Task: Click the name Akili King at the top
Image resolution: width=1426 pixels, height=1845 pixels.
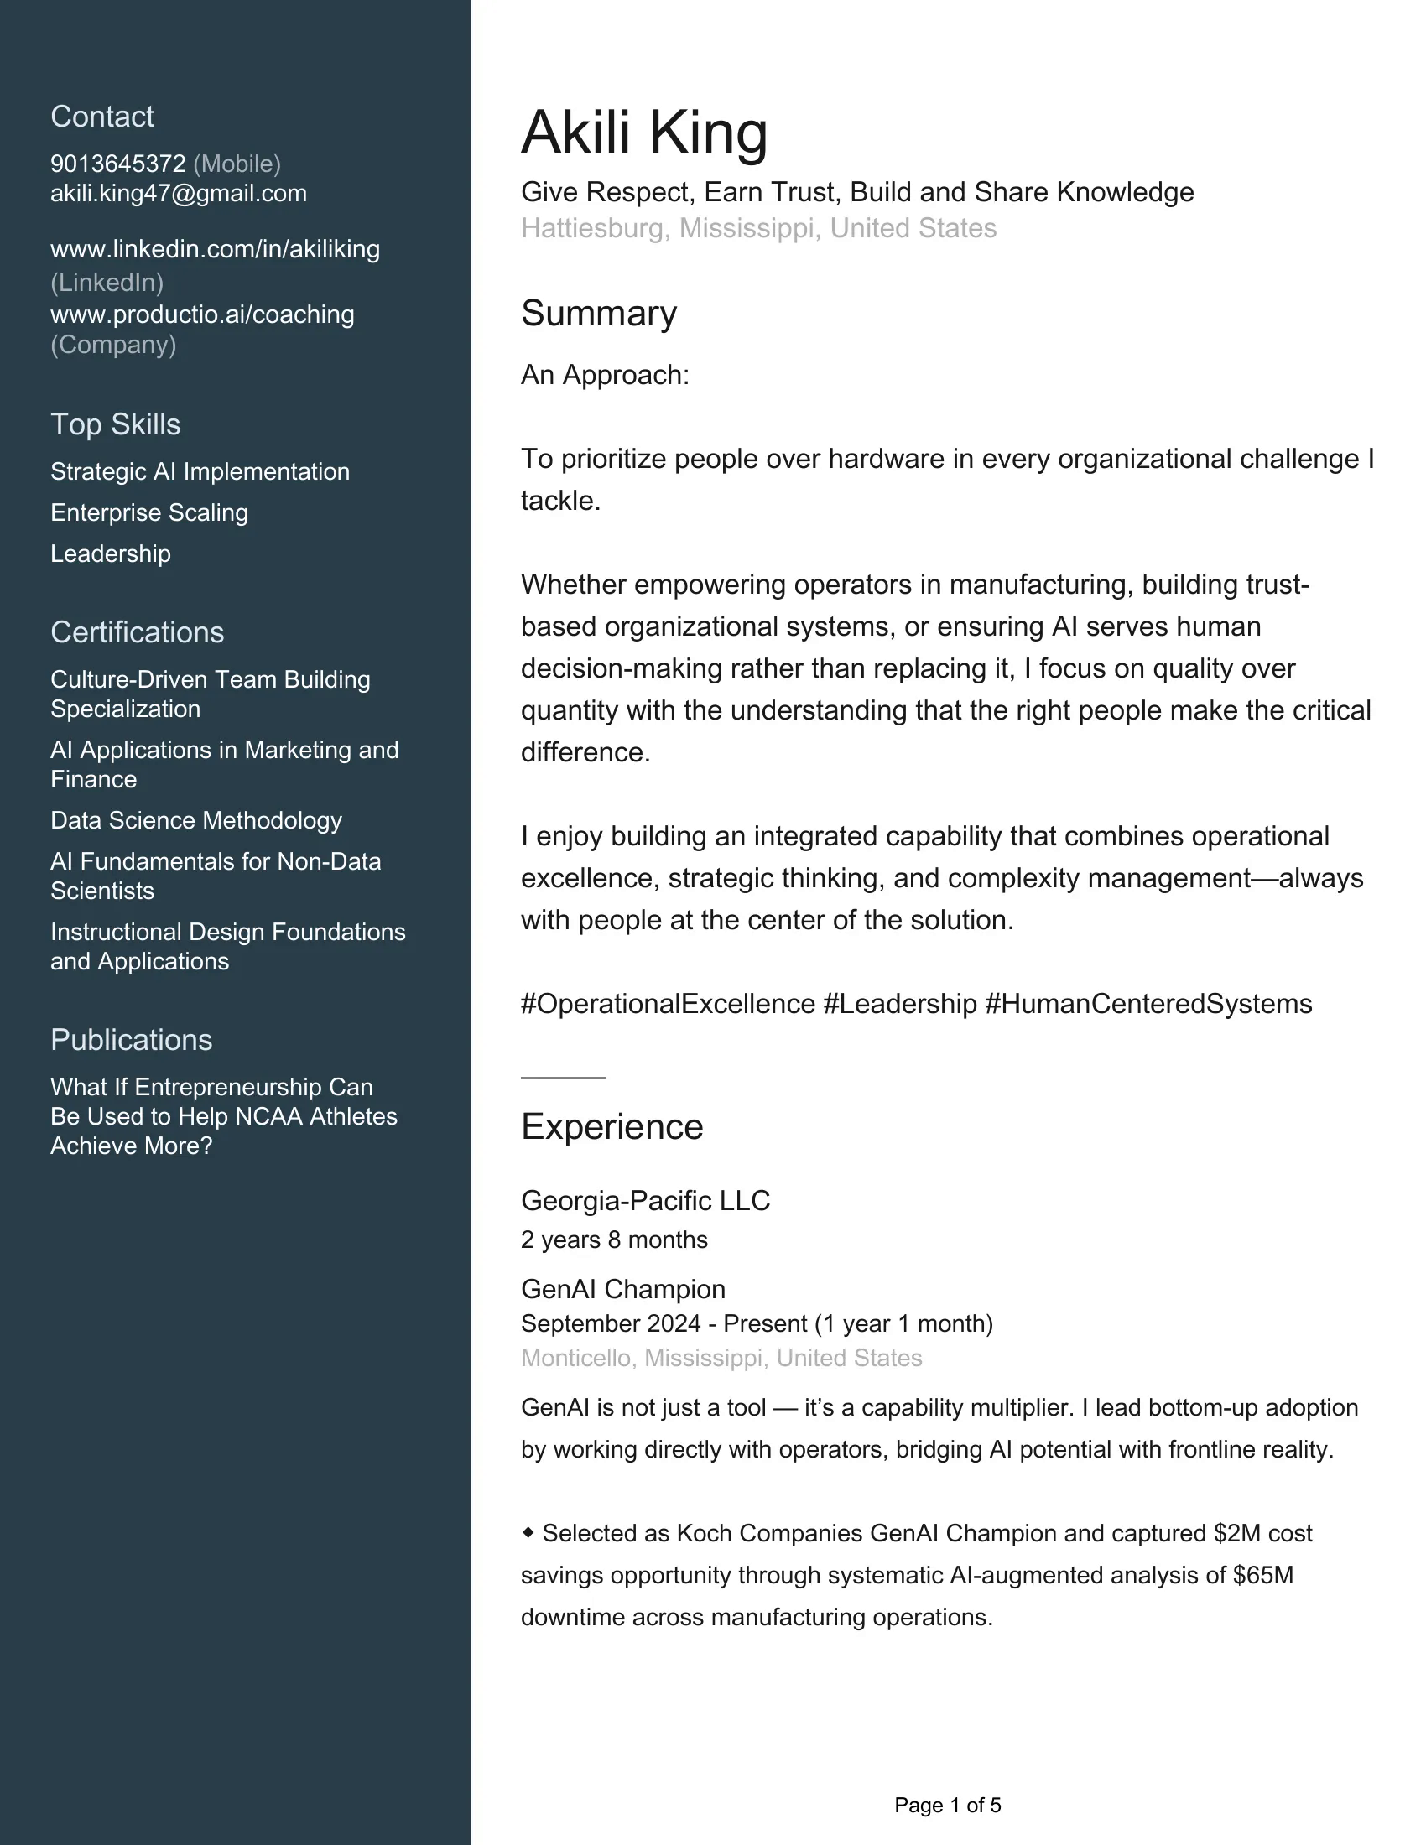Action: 643,133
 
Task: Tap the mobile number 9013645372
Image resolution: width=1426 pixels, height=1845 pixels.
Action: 117,164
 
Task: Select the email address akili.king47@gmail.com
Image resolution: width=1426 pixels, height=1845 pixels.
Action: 178,194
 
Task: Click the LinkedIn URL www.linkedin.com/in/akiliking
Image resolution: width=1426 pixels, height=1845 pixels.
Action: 215,249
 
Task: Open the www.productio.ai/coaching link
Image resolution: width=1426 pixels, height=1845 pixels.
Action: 202,314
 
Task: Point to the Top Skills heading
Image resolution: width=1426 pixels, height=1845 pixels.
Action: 115,424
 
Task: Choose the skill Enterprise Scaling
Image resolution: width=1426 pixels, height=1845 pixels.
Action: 148,512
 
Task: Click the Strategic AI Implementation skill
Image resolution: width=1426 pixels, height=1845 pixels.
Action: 200,471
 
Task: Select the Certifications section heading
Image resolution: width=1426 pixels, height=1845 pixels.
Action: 137,631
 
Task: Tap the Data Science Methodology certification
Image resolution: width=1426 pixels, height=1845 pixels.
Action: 196,820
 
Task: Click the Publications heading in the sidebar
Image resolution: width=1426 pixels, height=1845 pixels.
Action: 131,1040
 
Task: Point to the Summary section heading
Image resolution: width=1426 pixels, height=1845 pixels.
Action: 598,314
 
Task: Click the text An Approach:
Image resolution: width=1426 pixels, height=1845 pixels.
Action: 605,375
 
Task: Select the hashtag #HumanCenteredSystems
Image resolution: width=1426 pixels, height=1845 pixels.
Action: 1148,1004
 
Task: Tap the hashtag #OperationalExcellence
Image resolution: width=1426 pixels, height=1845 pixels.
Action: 668,1004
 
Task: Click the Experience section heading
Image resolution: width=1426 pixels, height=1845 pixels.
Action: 612,1127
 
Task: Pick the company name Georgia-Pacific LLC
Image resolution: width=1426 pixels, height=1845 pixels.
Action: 645,1200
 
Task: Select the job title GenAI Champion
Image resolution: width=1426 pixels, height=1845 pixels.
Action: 622,1289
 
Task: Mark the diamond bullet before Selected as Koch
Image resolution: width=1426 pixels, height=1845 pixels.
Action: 528,1532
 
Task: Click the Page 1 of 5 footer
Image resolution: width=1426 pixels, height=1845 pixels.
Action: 947,1806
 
